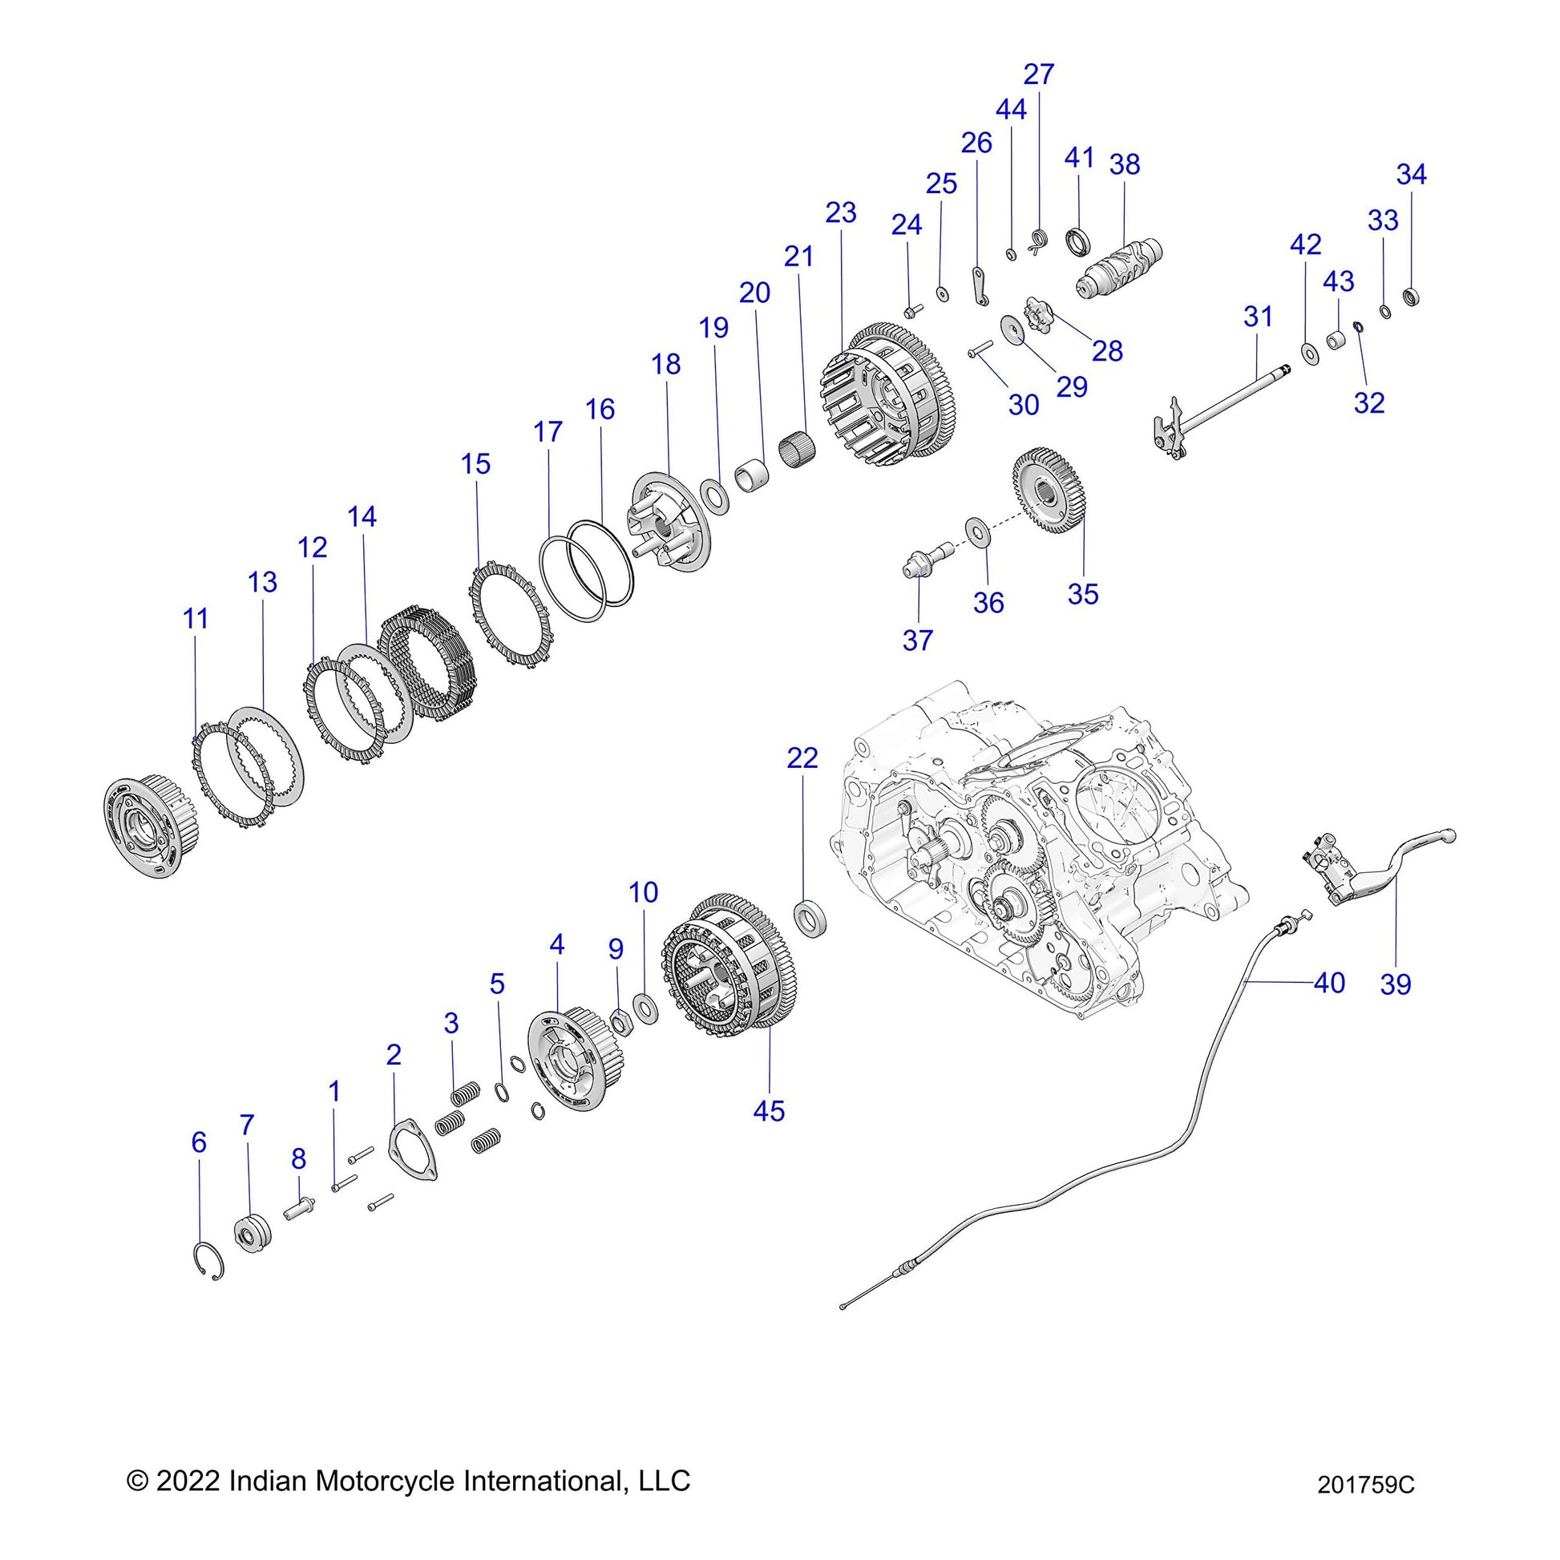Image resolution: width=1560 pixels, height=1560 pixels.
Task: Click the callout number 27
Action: point(1038,75)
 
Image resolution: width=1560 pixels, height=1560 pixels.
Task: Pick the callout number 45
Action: point(769,1111)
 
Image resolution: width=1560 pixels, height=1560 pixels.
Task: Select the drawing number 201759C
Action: point(1365,1508)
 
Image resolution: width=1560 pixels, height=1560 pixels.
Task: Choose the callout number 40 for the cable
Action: point(1328,983)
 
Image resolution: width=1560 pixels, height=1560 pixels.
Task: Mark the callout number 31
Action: point(1257,317)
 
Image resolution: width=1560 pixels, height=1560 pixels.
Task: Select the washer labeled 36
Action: point(980,533)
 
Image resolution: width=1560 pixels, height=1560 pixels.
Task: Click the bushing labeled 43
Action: point(1336,340)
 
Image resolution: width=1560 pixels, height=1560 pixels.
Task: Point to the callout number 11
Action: point(196,619)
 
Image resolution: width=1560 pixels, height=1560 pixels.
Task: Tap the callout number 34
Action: point(1412,175)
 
